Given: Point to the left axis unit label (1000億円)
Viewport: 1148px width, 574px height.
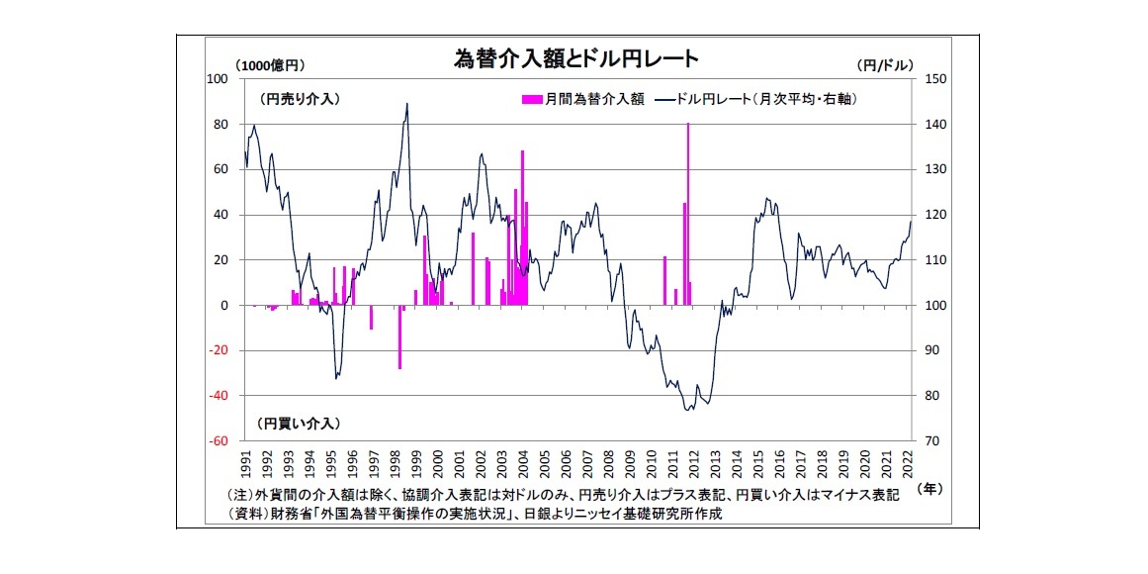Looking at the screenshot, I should click(270, 65).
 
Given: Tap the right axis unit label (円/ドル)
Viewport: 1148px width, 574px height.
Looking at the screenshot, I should click(882, 65).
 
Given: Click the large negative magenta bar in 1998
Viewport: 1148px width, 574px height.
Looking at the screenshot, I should click(400, 336).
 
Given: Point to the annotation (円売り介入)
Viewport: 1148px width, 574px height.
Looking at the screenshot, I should click(300, 99).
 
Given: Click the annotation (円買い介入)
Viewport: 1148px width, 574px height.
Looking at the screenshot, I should click(300, 423).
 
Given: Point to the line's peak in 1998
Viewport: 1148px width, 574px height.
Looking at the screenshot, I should click(406, 104).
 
